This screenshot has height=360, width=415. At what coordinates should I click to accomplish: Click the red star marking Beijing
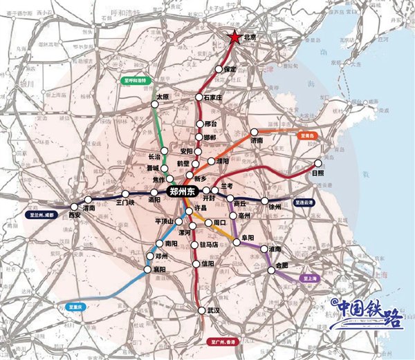point(235,39)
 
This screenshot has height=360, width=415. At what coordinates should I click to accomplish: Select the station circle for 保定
point(219,70)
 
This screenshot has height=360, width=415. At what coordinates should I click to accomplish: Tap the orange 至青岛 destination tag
point(307,136)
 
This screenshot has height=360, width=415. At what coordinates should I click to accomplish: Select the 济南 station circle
point(254,131)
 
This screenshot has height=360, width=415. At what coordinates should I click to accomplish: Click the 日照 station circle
point(318,164)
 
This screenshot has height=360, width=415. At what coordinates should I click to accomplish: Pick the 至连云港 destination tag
point(304,203)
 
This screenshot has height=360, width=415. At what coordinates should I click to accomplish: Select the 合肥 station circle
point(272,272)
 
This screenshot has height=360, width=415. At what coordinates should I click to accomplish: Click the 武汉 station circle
point(201,310)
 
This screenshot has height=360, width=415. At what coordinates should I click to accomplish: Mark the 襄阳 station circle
point(147,269)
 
